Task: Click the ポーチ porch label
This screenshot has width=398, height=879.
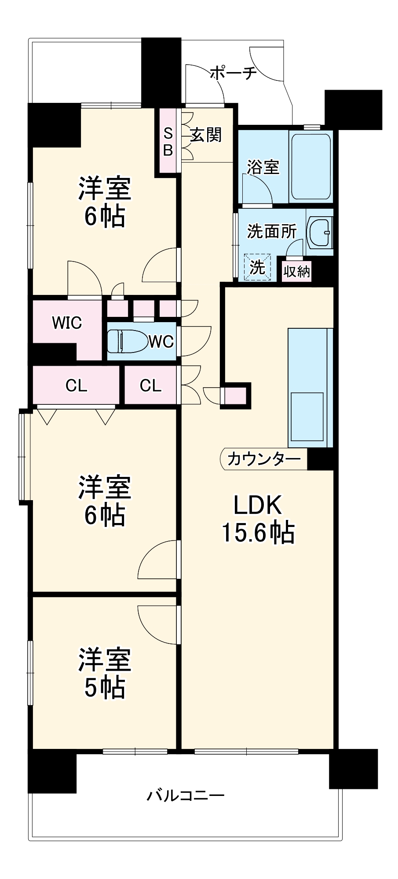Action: [233, 73]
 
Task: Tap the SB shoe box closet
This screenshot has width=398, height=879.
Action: [168, 142]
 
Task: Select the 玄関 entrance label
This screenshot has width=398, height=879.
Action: [206, 134]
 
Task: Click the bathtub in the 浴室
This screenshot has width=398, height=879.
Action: [310, 166]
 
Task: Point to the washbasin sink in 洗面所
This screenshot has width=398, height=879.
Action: [321, 231]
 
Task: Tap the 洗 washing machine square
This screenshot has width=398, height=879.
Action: [257, 266]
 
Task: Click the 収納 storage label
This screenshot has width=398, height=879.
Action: [296, 271]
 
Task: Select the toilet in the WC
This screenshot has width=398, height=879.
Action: [127, 341]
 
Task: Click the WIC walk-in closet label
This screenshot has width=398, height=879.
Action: [67, 323]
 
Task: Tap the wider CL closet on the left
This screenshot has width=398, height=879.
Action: [76, 386]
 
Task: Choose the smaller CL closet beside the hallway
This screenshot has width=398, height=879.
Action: [151, 385]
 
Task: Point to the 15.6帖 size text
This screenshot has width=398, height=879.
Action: [257, 533]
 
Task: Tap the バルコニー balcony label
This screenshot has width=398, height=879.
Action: [185, 795]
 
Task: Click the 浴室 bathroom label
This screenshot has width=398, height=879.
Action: [263, 167]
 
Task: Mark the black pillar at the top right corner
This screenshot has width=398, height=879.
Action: [353, 109]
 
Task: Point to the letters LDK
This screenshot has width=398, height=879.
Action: [257, 505]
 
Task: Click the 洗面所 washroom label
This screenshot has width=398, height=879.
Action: [271, 231]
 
